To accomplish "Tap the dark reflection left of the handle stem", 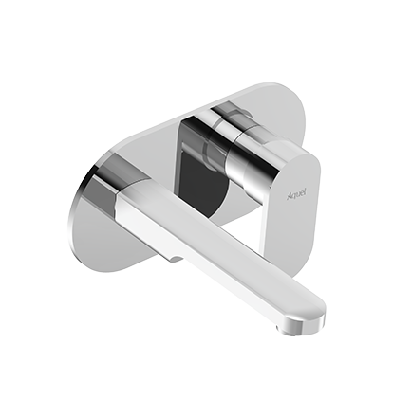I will [x=201, y=175].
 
